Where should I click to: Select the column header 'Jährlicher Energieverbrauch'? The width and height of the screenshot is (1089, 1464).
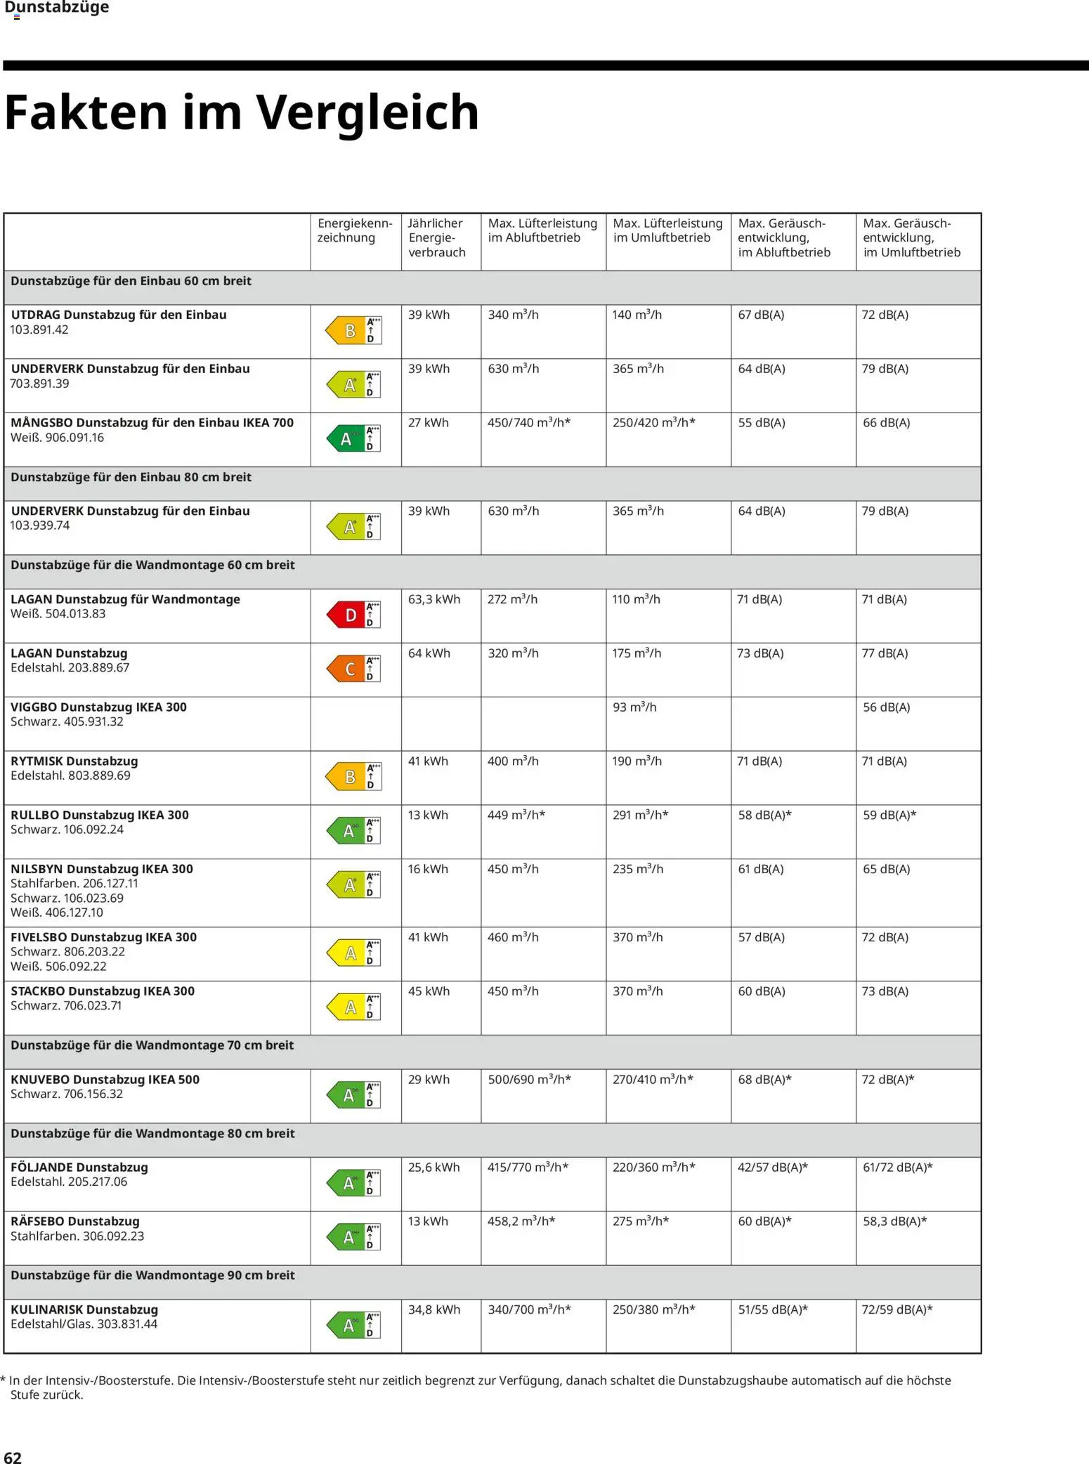click(436, 237)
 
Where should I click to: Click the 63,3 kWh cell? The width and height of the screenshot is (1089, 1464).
click(433, 599)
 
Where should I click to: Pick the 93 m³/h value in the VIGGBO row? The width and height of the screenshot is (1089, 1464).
click(634, 707)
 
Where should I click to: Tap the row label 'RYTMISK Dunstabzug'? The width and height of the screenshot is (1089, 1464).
click(74, 761)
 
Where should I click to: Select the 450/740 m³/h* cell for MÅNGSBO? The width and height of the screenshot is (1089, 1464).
click(528, 423)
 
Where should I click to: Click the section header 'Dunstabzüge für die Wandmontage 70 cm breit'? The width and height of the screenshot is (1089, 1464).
click(152, 1045)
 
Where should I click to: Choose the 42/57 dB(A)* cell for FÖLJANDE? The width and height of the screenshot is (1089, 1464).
click(772, 1168)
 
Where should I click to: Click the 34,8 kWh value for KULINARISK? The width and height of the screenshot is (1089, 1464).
click(433, 1309)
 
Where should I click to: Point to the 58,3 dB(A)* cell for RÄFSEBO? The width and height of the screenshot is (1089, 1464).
click(894, 1222)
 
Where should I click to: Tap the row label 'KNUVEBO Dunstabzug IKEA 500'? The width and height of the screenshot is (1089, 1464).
click(105, 1080)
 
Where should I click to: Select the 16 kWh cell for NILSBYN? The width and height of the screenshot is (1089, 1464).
click(428, 869)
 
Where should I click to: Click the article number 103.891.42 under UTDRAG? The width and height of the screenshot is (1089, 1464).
click(39, 330)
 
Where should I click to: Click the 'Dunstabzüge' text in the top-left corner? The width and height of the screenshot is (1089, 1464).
click(56, 8)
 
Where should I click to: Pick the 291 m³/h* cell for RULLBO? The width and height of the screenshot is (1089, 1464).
click(640, 815)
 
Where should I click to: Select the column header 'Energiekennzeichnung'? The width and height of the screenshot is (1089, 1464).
click(355, 230)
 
